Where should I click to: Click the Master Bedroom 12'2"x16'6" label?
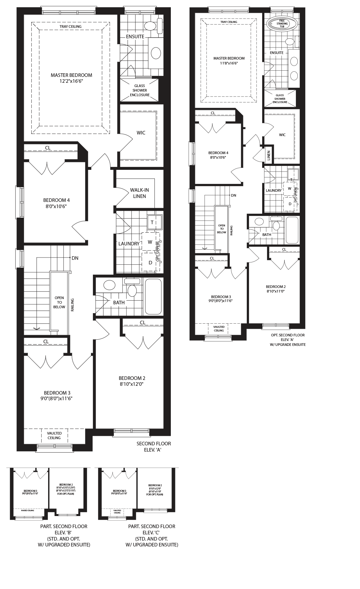point(71,78)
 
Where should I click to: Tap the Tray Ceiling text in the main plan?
point(70,27)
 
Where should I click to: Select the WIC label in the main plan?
point(141,133)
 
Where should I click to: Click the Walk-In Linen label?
point(139,193)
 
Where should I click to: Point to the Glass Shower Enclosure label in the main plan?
point(140,90)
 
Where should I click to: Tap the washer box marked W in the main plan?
point(150,242)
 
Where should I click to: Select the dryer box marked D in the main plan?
point(150,262)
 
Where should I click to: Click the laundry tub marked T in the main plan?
point(152,223)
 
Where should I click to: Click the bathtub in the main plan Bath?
point(153,296)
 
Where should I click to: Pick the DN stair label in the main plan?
point(75,258)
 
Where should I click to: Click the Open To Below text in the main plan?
point(59,302)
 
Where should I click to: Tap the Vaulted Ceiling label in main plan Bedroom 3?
point(54,436)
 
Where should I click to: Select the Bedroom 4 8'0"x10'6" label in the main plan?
point(56,203)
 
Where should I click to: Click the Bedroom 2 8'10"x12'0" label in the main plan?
point(132,381)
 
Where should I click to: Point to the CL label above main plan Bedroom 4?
point(48,148)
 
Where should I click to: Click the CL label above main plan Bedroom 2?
point(143,323)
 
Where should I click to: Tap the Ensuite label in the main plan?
point(135,37)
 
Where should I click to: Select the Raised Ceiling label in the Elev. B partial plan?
point(28,510)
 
